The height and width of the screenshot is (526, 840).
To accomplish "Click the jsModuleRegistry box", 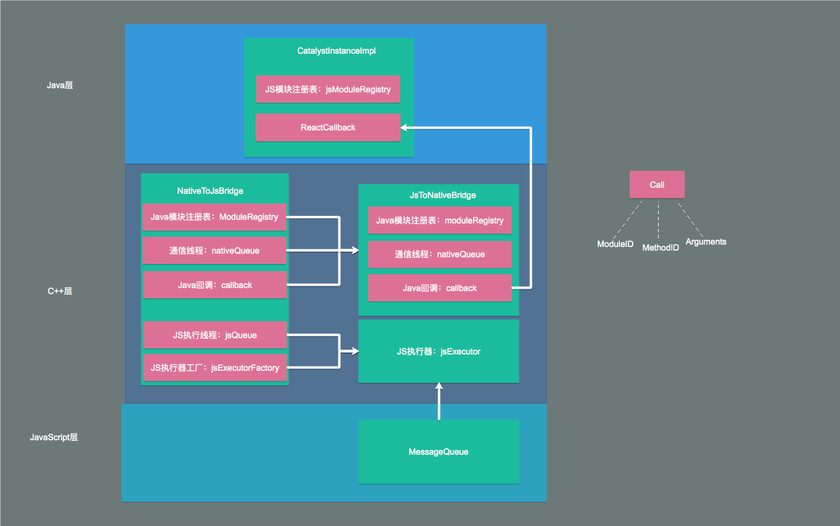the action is (x=328, y=89).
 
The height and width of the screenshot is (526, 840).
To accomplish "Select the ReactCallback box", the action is (x=328, y=127).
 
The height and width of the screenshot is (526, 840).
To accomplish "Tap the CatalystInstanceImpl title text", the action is (x=337, y=51).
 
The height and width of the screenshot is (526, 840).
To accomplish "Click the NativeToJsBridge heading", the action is (x=210, y=191).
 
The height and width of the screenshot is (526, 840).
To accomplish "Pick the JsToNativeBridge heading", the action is (x=442, y=195).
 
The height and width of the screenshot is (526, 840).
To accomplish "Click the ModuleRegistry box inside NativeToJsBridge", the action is (x=215, y=217).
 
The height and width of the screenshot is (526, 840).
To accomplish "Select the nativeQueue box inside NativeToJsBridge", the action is (x=215, y=251).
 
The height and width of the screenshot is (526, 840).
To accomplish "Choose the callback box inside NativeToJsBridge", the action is (x=215, y=285).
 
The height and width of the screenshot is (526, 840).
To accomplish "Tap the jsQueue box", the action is (x=215, y=335).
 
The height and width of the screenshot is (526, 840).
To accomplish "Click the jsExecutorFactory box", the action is (x=215, y=368).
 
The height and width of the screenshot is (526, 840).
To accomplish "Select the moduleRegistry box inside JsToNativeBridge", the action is (x=440, y=220).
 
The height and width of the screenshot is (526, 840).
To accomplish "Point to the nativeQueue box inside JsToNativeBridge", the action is (x=440, y=254).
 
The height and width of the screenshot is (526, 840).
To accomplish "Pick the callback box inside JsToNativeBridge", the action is (x=440, y=288).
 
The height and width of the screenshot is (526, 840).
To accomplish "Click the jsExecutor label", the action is (x=439, y=351).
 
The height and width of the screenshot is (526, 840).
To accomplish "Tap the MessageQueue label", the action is (x=438, y=452).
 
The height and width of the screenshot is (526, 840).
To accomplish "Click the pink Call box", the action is (x=657, y=185).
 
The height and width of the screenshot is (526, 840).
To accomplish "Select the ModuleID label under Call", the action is (x=615, y=244).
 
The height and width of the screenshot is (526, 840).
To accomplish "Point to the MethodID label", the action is (x=661, y=248).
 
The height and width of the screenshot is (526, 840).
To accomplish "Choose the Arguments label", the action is (x=706, y=242).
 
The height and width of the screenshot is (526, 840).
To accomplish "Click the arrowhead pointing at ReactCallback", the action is (x=404, y=128).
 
